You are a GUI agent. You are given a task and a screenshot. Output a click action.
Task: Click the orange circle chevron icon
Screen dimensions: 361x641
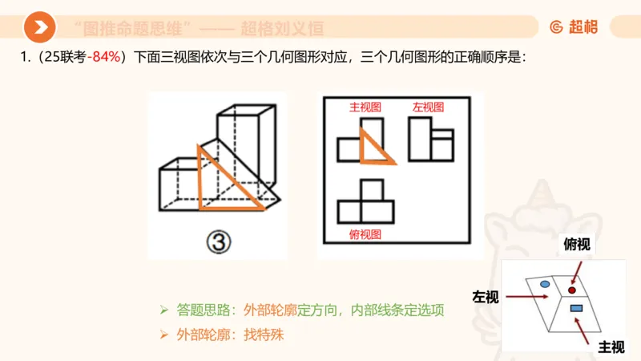pyautogui.click(x=39, y=28)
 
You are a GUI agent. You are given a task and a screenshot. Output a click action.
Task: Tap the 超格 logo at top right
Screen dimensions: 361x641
pyautogui.click(x=574, y=26)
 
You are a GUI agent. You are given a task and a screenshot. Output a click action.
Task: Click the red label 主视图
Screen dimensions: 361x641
pyautogui.click(x=365, y=107)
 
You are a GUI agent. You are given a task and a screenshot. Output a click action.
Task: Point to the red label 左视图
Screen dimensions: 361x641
pyautogui.click(x=428, y=107)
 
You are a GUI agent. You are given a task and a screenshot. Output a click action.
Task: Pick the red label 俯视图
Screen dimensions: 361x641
pyautogui.click(x=365, y=234)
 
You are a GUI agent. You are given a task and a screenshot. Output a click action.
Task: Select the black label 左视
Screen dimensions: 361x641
pyautogui.click(x=486, y=298)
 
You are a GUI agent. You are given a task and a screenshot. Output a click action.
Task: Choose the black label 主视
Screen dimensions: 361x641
pyautogui.click(x=611, y=347)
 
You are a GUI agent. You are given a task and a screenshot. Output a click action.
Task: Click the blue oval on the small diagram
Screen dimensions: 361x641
pyautogui.click(x=545, y=284)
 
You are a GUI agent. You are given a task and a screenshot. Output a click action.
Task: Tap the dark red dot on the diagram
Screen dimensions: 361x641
pyautogui.click(x=572, y=289)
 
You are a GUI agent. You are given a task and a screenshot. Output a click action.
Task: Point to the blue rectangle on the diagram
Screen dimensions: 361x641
pyautogui.click(x=575, y=308)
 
